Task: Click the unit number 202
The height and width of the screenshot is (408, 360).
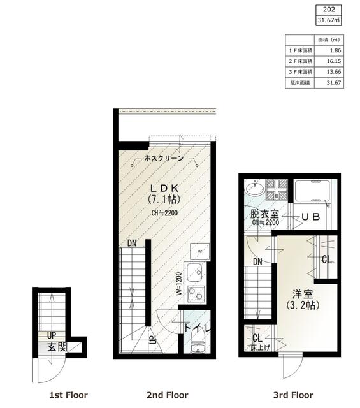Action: tap(329, 10)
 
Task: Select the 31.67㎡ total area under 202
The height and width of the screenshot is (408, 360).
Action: tap(329, 20)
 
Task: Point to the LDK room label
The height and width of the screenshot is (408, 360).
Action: tap(164, 188)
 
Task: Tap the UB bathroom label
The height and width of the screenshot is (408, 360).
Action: tap(310, 217)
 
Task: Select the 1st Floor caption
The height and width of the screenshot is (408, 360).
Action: tap(68, 395)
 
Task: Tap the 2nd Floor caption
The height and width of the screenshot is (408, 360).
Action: tap(168, 395)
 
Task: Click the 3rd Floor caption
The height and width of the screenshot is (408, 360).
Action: tap(293, 395)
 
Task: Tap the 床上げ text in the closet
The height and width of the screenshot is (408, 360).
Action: tap(258, 348)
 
